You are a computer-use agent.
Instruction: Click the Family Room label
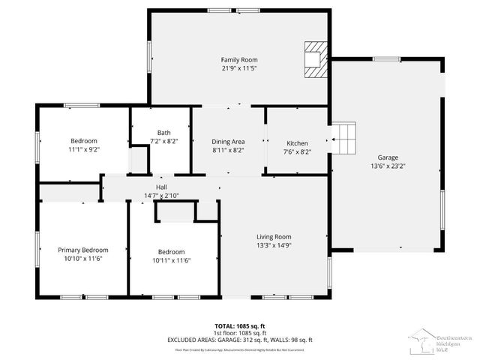[x=239, y=59]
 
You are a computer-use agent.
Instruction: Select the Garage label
[x=388, y=157]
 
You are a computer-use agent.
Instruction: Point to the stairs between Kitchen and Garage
[x=344, y=138]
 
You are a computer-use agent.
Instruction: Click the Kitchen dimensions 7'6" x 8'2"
[x=298, y=151]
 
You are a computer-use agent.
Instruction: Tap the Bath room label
[x=163, y=133]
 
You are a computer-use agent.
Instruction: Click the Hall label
[x=161, y=187]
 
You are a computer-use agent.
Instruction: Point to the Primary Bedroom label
[x=83, y=250]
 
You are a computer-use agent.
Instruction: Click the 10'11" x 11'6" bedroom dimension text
[x=170, y=260]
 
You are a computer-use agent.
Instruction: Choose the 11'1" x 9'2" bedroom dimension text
[x=84, y=149]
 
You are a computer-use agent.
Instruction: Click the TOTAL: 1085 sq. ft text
[x=240, y=325]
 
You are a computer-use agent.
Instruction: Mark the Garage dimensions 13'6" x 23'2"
[x=388, y=166]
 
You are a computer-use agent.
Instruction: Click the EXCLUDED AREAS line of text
[x=240, y=340]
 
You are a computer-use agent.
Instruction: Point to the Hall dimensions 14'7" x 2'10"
[x=161, y=195]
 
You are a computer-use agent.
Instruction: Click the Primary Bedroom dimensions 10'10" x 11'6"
[x=83, y=259]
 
